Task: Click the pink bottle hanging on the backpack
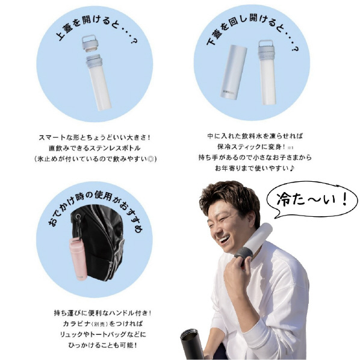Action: click(78, 259)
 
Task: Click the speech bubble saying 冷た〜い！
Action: click(312, 200)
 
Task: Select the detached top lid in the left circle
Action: click(89, 43)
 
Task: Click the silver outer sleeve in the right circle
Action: click(234, 72)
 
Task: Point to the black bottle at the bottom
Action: click(191, 344)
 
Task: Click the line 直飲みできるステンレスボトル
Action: click(95, 148)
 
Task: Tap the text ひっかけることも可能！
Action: click(103, 345)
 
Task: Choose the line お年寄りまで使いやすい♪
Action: click(255, 169)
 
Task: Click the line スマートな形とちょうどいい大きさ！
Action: click(95, 137)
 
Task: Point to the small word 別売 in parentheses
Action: click(101, 324)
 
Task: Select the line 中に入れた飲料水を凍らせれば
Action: click(255, 136)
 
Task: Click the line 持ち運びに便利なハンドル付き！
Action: click(103, 312)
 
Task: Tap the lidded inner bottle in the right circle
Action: click(267, 72)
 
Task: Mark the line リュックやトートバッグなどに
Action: click(103, 334)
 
